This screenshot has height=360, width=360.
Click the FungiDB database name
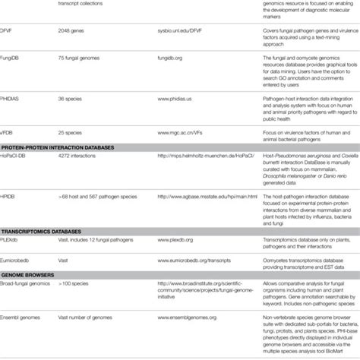pyautogui.click(x=11, y=77)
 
